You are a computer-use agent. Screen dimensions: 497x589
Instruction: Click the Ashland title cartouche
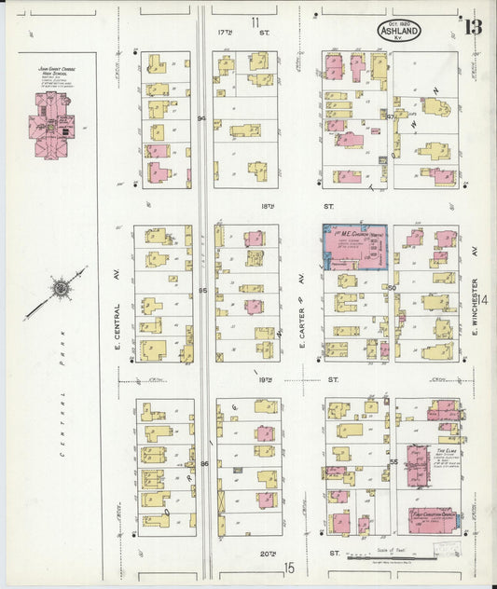pyautogui.click(x=399, y=31)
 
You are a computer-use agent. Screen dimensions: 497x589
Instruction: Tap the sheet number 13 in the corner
pyautogui.click(x=473, y=25)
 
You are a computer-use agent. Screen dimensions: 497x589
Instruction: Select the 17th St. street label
pyautogui.click(x=228, y=32)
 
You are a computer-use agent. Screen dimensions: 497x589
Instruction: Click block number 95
pyautogui.click(x=201, y=292)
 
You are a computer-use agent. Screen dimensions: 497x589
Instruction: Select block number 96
pyautogui.click(x=203, y=463)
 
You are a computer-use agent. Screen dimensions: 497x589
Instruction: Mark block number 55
pyautogui.click(x=393, y=462)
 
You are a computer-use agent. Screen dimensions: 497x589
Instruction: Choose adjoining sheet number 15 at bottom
pyautogui.click(x=290, y=567)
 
